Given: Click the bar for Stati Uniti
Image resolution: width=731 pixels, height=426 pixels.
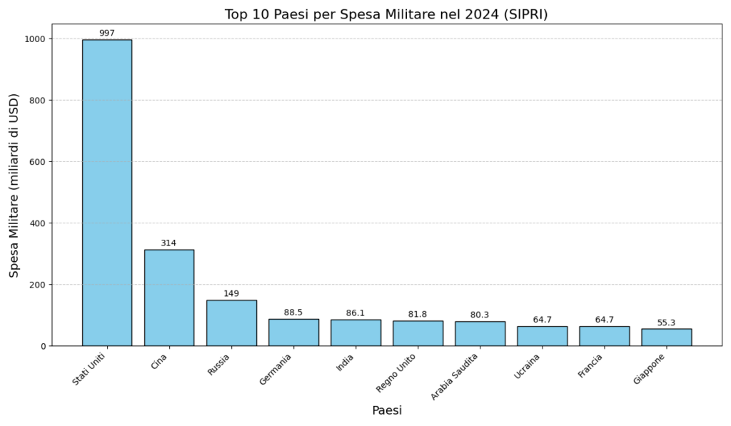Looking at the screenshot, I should (x=107, y=193).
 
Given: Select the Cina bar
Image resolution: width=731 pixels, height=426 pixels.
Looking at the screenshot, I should (x=169, y=298).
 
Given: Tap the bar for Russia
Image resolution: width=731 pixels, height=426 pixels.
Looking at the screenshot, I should (x=231, y=323).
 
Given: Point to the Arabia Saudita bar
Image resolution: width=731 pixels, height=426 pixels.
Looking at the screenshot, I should (x=480, y=334).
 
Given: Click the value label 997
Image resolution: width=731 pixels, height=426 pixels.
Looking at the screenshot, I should (x=107, y=34).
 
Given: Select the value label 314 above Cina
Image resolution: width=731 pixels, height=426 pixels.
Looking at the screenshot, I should (x=168, y=243).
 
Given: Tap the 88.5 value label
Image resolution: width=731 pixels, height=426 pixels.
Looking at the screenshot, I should (x=293, y=313).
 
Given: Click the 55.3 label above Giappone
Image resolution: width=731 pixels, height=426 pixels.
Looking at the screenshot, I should (x=666, y=323).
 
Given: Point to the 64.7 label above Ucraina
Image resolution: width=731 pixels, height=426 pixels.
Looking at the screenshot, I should (x=542, y=320).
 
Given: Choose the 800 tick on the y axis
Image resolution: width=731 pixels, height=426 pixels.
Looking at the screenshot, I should (x=38, y=100).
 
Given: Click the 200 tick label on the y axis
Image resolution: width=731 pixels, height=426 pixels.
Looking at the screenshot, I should (x=38, y=285).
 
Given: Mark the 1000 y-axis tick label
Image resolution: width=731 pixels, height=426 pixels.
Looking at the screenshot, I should (x=35, y=39).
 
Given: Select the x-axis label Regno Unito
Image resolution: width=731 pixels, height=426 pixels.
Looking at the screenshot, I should (x=396, y=372).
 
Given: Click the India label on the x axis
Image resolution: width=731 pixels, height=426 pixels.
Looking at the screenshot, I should (x=346, y=362).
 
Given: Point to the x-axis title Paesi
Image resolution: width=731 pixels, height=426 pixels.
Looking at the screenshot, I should (x=387, y=411).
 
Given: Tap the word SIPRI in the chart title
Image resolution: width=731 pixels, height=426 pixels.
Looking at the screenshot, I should (x=524, y=14).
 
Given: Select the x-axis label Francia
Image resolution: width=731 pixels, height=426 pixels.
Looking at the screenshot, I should (x=591, y=365).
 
